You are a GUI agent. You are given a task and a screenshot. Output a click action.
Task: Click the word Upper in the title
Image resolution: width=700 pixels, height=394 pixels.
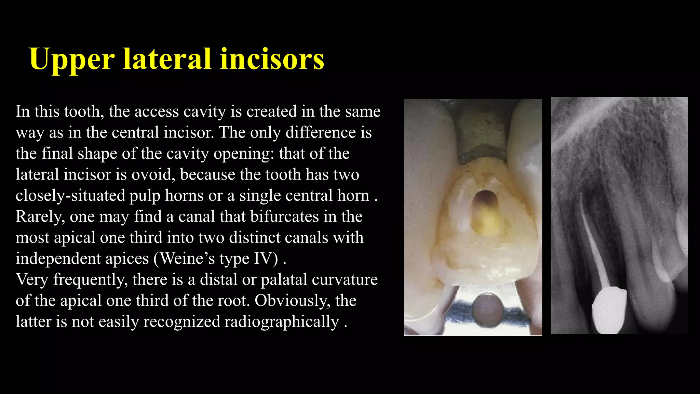(x=72, y=59)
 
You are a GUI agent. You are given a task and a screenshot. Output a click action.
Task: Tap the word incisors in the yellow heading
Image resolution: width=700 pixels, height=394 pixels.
(x=272, y=59)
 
